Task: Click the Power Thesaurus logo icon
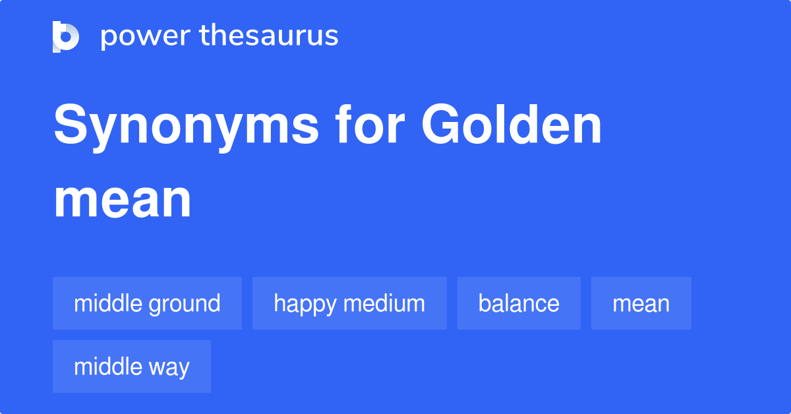click(x=66, y=36)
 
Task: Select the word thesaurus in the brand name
click(x=269, y=36)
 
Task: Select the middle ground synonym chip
click(x=147, y=303)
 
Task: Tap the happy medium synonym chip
click(x=349, y=303)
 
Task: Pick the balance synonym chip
click(x=519, y=303)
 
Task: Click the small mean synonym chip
click(x=641, y=303)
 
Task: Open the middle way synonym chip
click(x=132, y=367)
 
